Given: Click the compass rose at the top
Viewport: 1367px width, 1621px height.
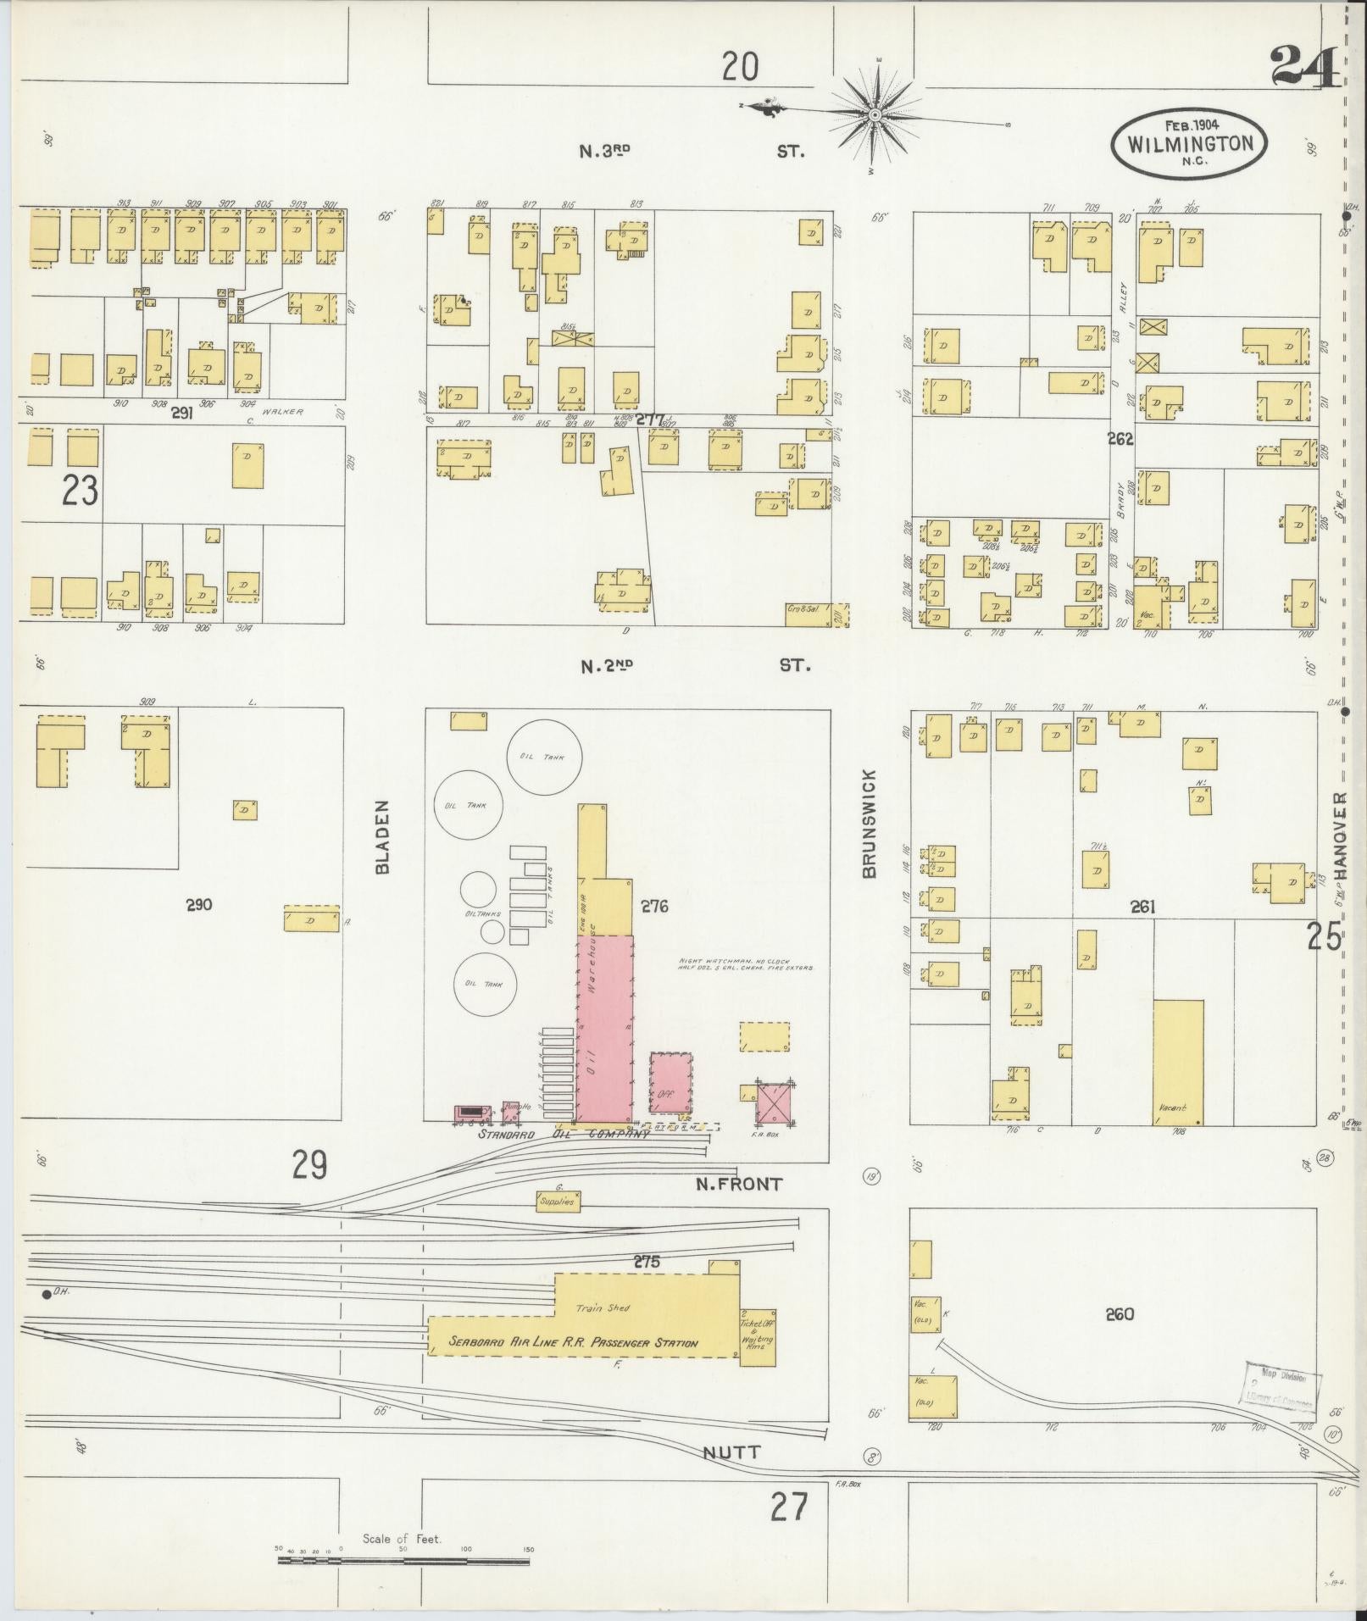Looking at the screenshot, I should [x=876, y=113].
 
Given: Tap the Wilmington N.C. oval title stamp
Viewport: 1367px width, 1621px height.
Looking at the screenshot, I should [x=1189, y=142].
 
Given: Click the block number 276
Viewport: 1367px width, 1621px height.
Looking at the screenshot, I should [x=654, y=907].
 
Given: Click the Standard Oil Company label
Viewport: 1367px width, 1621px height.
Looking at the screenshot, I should [x=564, y=1134].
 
